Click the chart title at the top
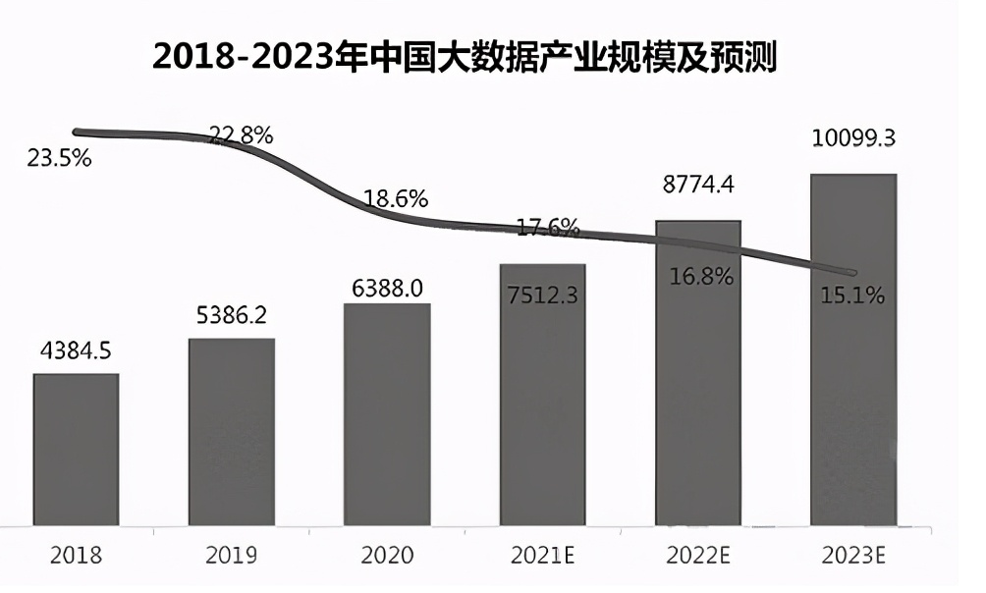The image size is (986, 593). (465, 57)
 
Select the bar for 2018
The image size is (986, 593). (76, 449)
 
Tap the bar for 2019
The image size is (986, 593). (232, 432)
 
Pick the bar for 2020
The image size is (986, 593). (387, 413)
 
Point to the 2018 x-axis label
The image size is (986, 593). (76, 556)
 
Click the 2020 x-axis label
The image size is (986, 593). (387, 556)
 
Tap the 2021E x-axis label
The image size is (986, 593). (542, 556)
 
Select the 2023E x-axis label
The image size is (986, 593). (852, 556)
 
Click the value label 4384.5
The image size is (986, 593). (76, 351)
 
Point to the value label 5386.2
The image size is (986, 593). (232, 316)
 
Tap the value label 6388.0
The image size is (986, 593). (387, 288)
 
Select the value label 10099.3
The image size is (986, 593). (852, 138)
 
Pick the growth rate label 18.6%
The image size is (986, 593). (396, 198)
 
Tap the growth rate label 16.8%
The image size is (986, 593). (701, 276)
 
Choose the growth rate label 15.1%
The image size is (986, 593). (852, 294)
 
